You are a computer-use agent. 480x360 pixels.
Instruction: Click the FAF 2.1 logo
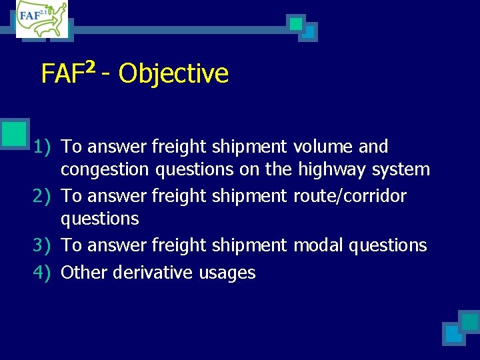pyautogui.click(x=42, y=19)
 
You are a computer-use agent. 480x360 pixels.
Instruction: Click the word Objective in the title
pyautogui.click(x=173, y=73)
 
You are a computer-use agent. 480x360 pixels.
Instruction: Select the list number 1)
pyautogui.click(x=43, y=147)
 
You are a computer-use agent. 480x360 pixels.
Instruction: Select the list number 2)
pyautogui.click(x=43, y=196)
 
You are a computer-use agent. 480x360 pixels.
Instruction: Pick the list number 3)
pyautogui.click(x=43, y=245)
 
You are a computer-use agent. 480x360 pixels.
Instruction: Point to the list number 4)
pyautogui.click(x=43, y=273)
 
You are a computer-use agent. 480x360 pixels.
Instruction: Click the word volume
pyautogui.click(x=325, y=147)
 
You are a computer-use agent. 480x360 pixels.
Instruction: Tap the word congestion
pyautogui.click(x=105, y=170)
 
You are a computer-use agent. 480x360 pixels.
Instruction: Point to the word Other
pyautogui.click(x=84, y=273)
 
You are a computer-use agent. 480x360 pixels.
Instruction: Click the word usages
pyautogui.click(x=227, y=273)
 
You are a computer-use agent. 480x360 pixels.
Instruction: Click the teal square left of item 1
pyautogui.click(x=15, y=133)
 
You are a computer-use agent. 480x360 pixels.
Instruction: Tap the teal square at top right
pyautogui.click(x=296, y=24)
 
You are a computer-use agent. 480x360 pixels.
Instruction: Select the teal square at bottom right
pyautogui.click(x=469, y=322)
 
